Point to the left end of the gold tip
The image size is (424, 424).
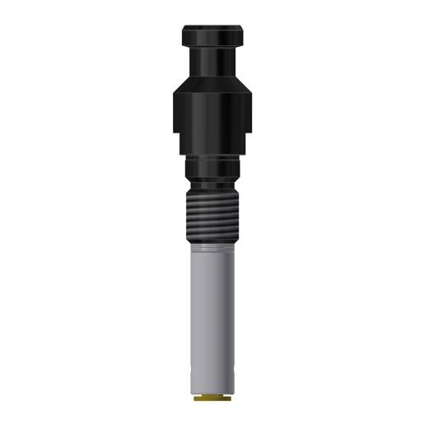195,398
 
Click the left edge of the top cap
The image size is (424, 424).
183,36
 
